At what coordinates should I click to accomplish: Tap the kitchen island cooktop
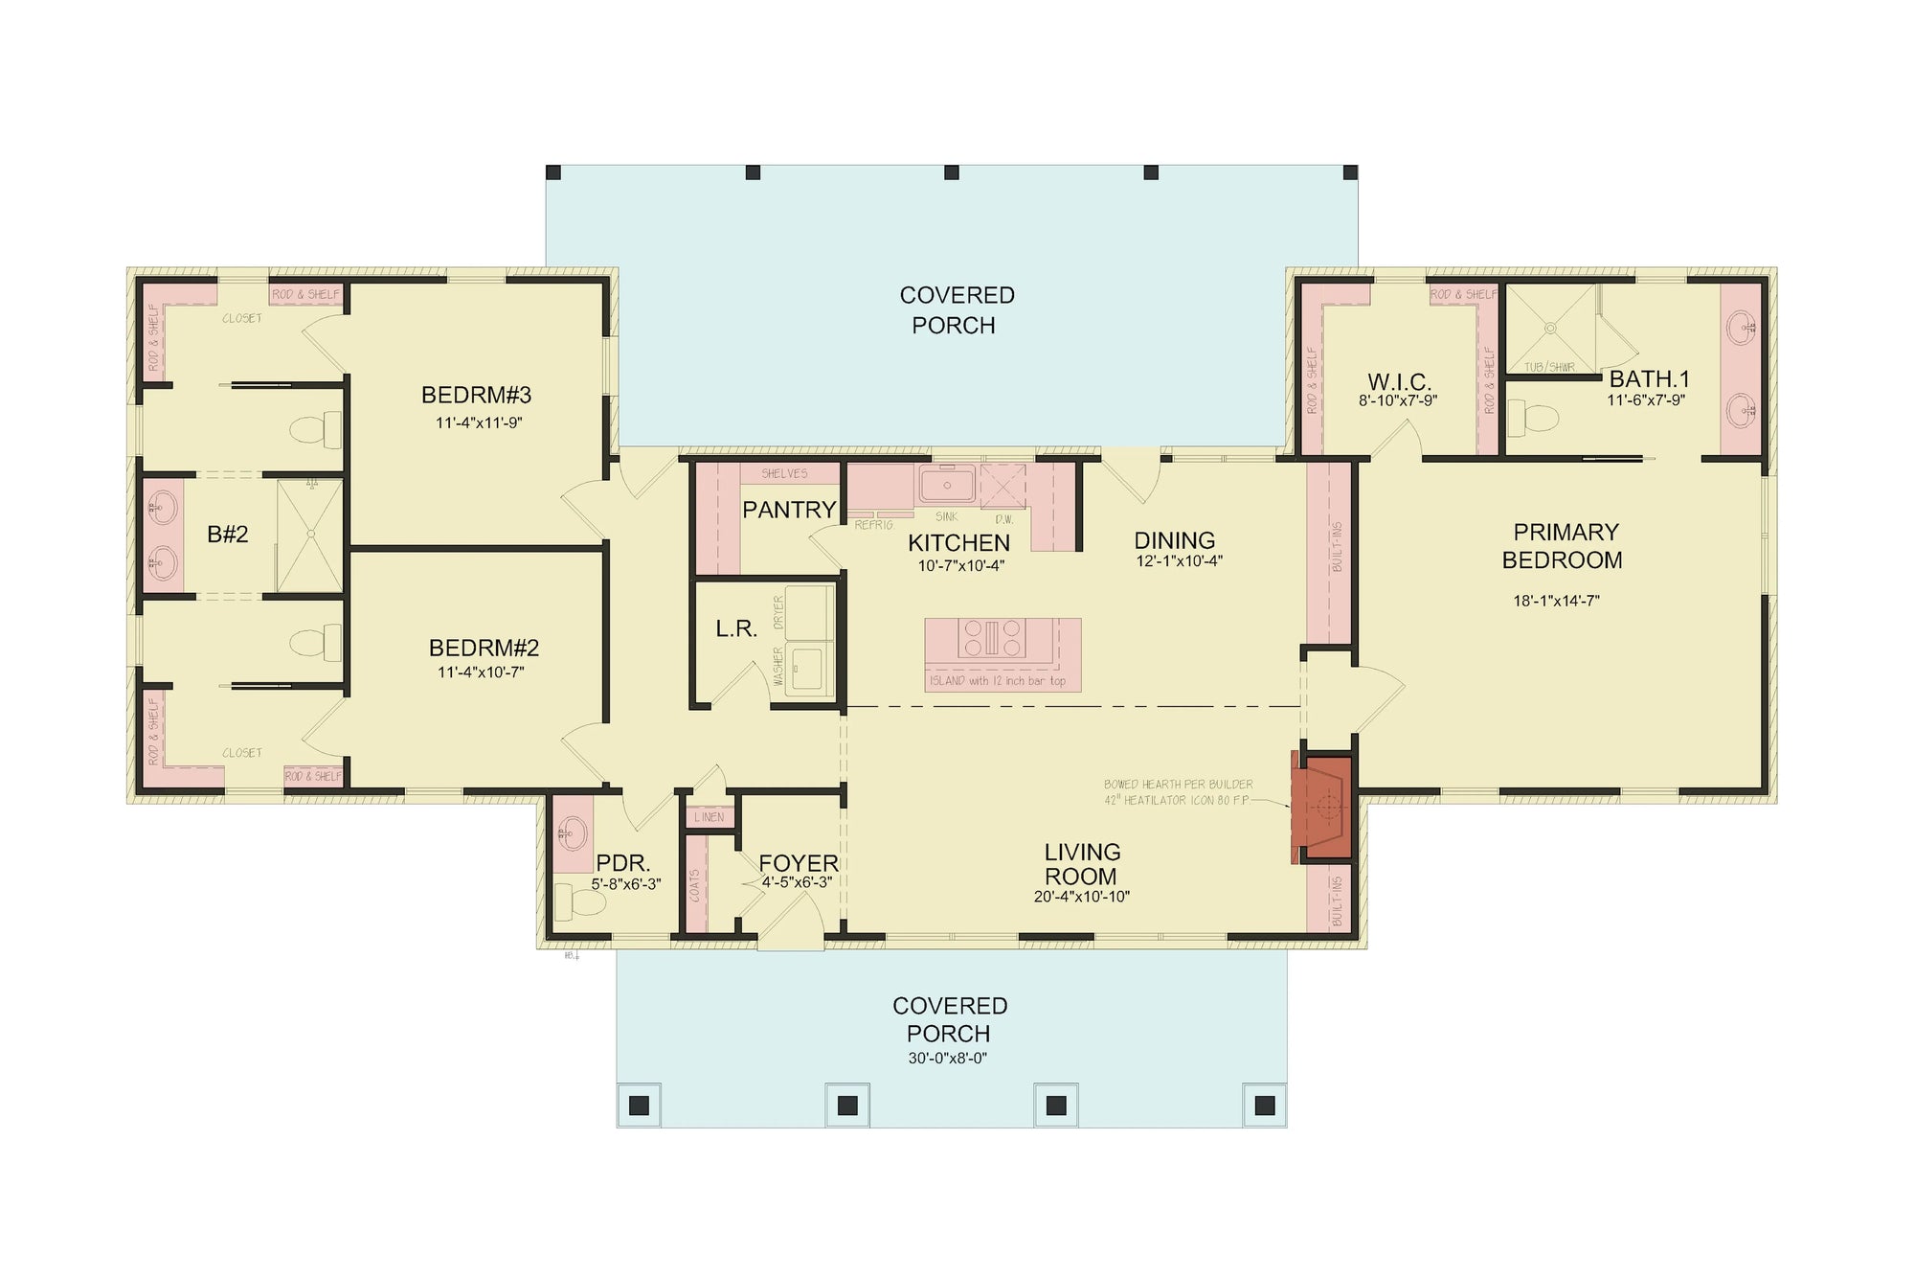[992, 638]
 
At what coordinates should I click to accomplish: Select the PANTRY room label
[789, 510]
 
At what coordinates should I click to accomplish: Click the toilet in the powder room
[574, 901]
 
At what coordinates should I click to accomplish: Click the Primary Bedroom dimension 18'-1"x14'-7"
[1556, 602]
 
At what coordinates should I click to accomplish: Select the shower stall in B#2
[309, 535]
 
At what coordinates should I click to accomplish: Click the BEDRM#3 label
[476, 395]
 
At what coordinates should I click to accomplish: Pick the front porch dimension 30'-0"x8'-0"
[947, 1059]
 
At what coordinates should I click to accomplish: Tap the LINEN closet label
[710, 817]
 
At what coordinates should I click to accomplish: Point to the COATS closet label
[695, 885]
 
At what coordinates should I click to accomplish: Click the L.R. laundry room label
[736, 629]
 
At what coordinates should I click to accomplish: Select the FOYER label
[798, 863]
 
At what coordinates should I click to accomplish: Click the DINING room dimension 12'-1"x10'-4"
[1179, 561]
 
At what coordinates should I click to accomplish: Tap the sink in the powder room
[573, 833]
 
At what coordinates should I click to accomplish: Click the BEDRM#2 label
[484, 648]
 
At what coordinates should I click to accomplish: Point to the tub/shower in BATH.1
[1549, 329]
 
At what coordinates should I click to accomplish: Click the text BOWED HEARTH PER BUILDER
[1178, 785]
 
